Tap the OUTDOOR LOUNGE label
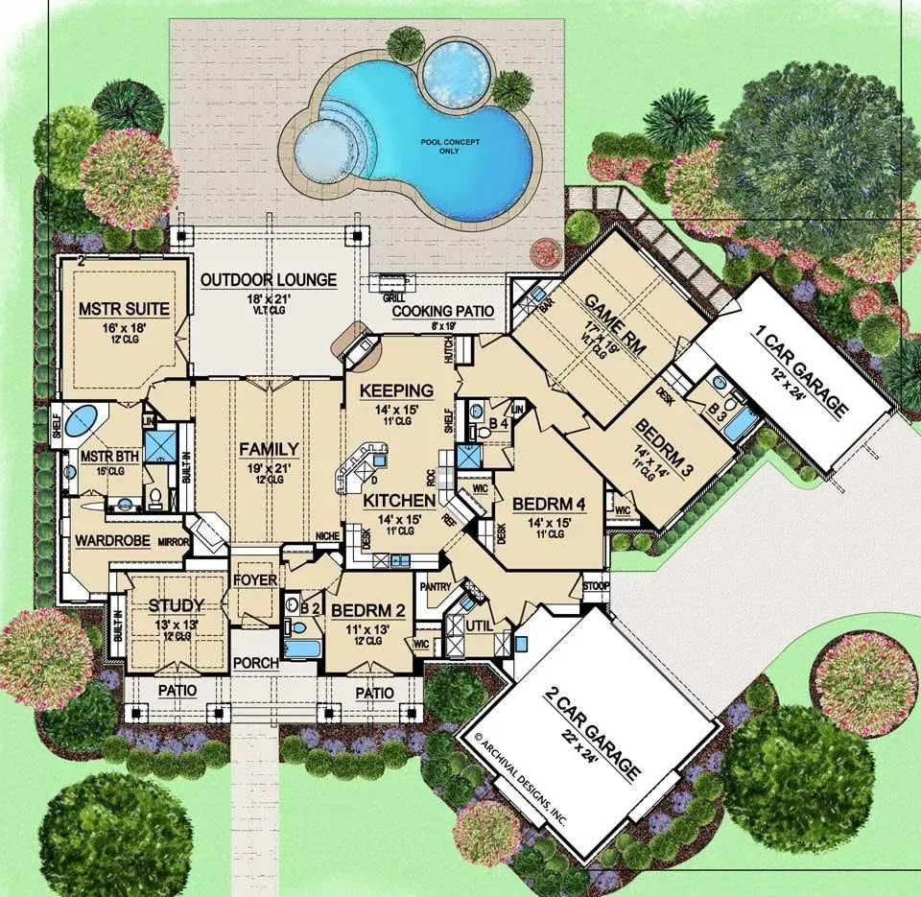[269, 280]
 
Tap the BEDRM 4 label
[549, 504]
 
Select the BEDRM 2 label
[367, 610]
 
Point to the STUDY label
[176, 604]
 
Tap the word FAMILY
[269, 448]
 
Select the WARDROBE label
[112, 540]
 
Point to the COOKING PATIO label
[442, 311]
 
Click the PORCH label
[255, 663]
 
